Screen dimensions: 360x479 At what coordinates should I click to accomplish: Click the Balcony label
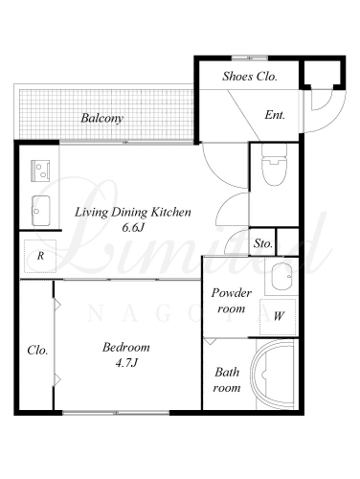click(101, 118)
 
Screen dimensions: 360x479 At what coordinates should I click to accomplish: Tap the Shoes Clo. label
click(250, 77)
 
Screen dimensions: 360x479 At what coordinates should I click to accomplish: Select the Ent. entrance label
click(275, 115)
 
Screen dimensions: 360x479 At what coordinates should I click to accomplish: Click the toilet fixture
click(274, 165)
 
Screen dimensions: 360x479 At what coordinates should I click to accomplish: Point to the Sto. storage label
click(263, 243)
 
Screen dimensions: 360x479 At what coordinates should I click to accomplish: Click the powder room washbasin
click(282, 276)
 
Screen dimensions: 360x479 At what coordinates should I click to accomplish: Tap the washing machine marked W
click(279, 316)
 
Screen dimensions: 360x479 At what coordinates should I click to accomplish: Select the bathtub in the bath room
click(273, 374)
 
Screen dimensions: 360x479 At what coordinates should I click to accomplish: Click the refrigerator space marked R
click(40, 256)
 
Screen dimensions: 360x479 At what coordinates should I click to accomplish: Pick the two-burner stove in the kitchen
click(40, 171)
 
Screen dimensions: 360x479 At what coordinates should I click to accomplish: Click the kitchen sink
click(40, 211)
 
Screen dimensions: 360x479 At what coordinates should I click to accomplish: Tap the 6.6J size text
click(133, 228)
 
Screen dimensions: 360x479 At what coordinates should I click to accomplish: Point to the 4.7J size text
click(126, 363)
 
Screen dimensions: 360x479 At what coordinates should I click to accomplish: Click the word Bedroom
click(126, 347)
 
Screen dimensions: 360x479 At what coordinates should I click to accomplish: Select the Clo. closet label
click(37, 351)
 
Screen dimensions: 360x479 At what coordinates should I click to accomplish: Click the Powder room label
click(231, 301)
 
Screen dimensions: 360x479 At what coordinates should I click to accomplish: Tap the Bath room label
click(227, 380)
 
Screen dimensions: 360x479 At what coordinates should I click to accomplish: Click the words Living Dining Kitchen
click(133, 213)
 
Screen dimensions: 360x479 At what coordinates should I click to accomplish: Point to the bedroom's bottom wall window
click(116, 413)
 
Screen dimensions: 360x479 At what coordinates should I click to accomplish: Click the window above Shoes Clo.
click(250, 57)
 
